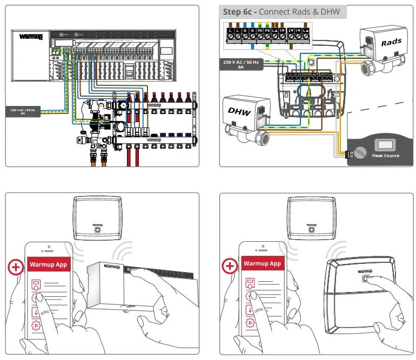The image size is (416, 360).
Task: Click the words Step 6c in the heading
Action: [x=239, y=11]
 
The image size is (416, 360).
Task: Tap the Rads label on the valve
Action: [x=391, y=42]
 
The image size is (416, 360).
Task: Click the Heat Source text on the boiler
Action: [x=386, y=155]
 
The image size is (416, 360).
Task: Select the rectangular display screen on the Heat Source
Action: [x=386, y=145]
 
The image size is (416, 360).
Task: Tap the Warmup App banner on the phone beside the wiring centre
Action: [x=49, y=263]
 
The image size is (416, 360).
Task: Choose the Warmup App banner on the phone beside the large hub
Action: [x=263, y=263]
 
